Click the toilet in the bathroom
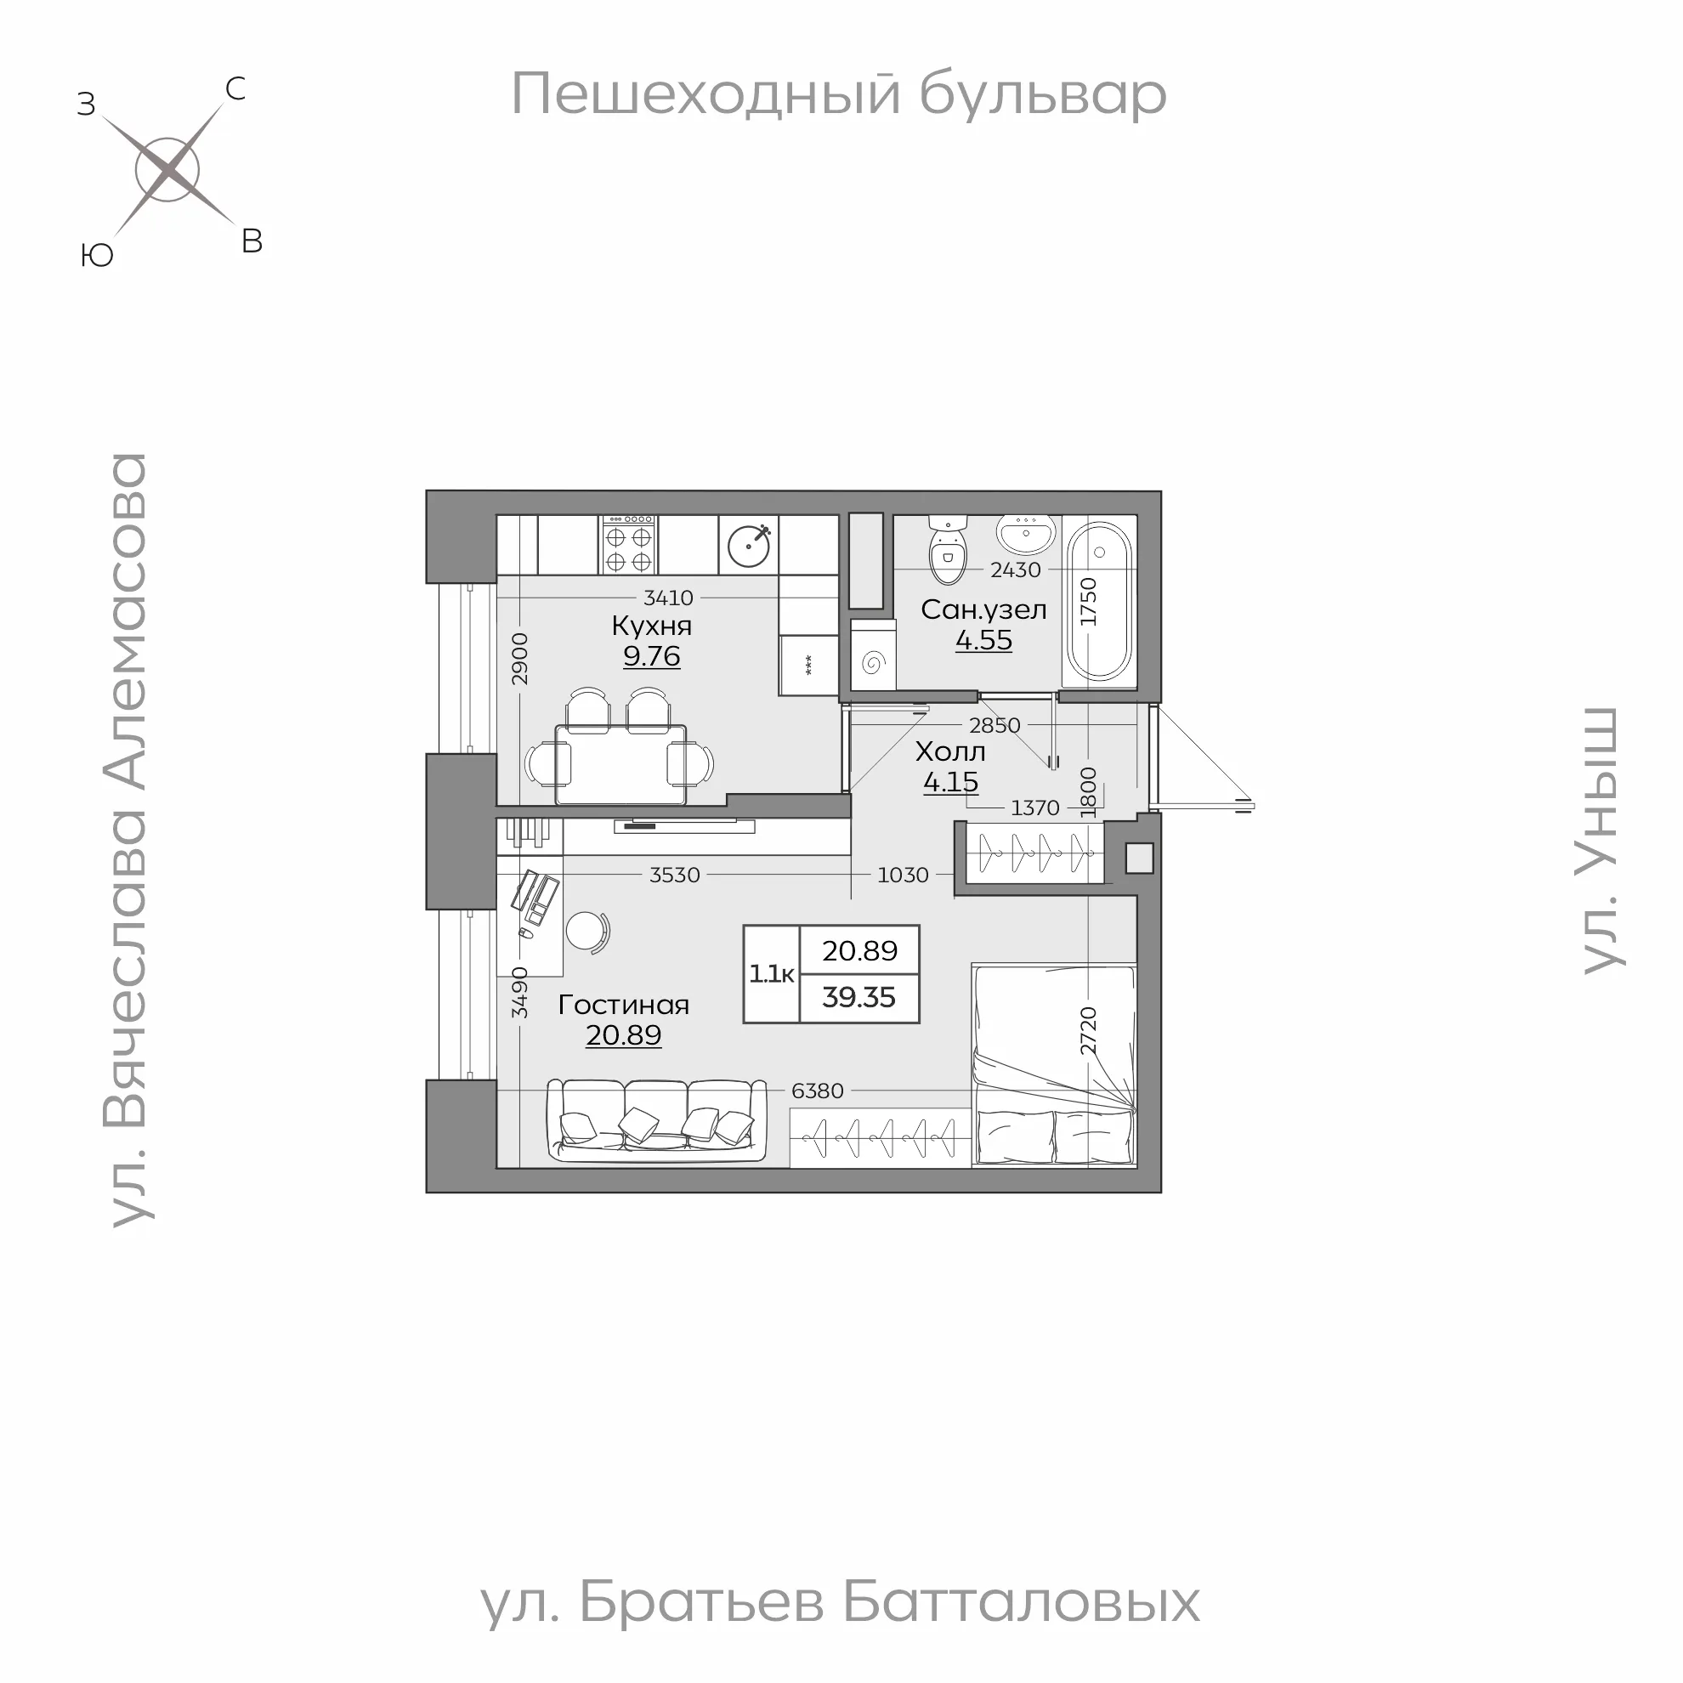948,552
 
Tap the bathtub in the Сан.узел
1098,601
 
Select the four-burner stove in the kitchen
629,546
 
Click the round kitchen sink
749,547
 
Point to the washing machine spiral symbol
873,664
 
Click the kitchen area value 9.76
652,656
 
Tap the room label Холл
950,751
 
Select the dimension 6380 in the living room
817,1091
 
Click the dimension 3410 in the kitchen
668,598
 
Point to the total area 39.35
858,997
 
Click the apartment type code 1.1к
772,974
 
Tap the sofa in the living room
657,1120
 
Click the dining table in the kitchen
620,764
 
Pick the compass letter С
235,89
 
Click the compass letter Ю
97,255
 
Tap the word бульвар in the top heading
1043,94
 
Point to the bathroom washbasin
1026,533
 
